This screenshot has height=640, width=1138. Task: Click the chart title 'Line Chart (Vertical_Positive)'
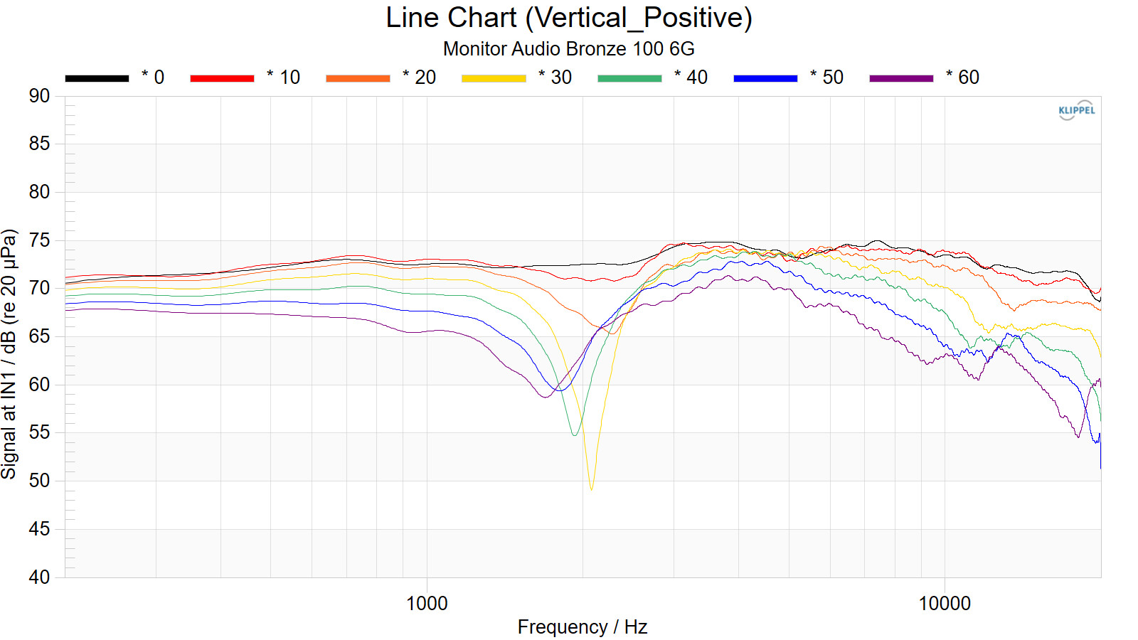pos(568,18)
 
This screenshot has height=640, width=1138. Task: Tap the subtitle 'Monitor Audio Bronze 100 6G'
pos(568,48)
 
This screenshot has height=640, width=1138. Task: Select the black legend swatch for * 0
pos(97,78)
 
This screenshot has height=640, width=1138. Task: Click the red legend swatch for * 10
pos(222,78)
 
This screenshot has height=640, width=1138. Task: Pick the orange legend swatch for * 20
pos(358,78)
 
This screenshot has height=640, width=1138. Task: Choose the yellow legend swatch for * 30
pos(494,78)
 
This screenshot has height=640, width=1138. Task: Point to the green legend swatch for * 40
pos(629,78)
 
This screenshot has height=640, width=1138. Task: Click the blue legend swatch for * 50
pos(765,78)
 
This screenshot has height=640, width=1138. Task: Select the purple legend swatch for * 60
pos(901,78)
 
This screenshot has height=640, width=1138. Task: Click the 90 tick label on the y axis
pos(40,96)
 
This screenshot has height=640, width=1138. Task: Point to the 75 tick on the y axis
pos(40,240)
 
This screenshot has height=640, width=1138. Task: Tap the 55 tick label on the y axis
pos(40,432)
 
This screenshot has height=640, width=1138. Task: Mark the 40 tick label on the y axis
pos(40,577)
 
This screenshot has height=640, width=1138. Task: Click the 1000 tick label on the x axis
pos(427,604)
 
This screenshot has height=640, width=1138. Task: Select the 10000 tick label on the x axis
pos(945,604)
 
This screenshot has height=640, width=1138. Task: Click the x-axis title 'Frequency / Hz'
pos(582,627)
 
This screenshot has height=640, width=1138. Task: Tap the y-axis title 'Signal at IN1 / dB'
pos(9,353)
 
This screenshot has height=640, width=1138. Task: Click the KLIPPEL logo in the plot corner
pos(1077,110)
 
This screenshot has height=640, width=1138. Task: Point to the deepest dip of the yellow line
pos(591,489)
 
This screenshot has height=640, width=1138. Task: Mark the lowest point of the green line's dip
pos(575,434)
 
